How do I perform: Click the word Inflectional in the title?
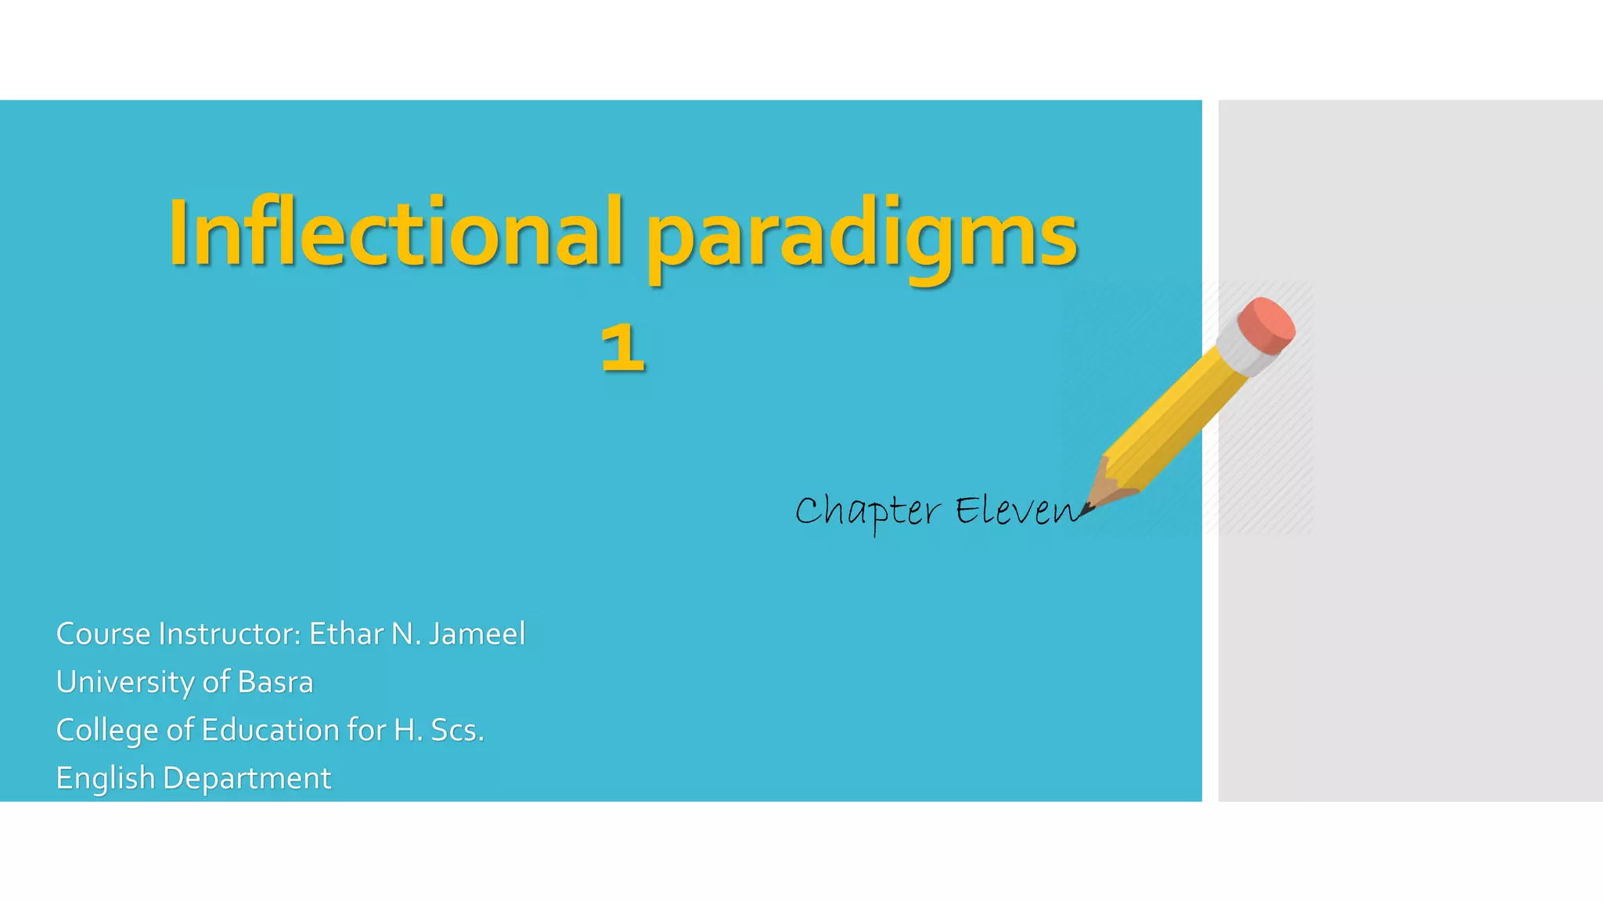pos(395,233)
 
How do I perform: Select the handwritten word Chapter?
pos(867,511)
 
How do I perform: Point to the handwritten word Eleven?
pos(1016,511)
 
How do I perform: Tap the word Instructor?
pos(229,633)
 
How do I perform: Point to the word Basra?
pos(275,682)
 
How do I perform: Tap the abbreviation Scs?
pos(457,730)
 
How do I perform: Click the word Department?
pos(247,778)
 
